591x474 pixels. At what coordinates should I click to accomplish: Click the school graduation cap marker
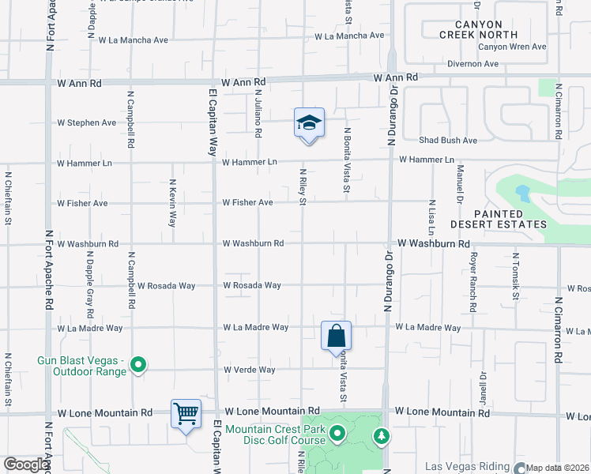[x=309, y=123]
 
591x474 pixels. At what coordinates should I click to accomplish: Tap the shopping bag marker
[x=337, y=335]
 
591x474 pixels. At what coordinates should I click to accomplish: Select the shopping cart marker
[x=186, y=413]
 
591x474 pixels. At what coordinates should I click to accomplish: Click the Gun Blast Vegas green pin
[x=138, y=364]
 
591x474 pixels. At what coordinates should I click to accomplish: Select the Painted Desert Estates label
[x=510, y=219]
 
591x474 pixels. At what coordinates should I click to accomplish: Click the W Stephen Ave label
[x=87, y=122]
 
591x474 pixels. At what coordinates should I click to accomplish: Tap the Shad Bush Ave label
[x=448, y=141]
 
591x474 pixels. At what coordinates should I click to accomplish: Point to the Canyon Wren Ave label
[x=512, y=47]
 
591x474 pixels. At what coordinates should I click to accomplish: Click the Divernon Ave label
[x=474, y=64]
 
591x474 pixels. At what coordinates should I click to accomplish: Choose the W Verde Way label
[x=249, y=370]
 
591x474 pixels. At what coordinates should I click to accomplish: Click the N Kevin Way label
[x=172, y=203]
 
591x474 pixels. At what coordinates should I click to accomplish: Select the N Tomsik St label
[x=514, y=276]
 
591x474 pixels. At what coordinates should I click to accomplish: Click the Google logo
[x=26, y=465]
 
